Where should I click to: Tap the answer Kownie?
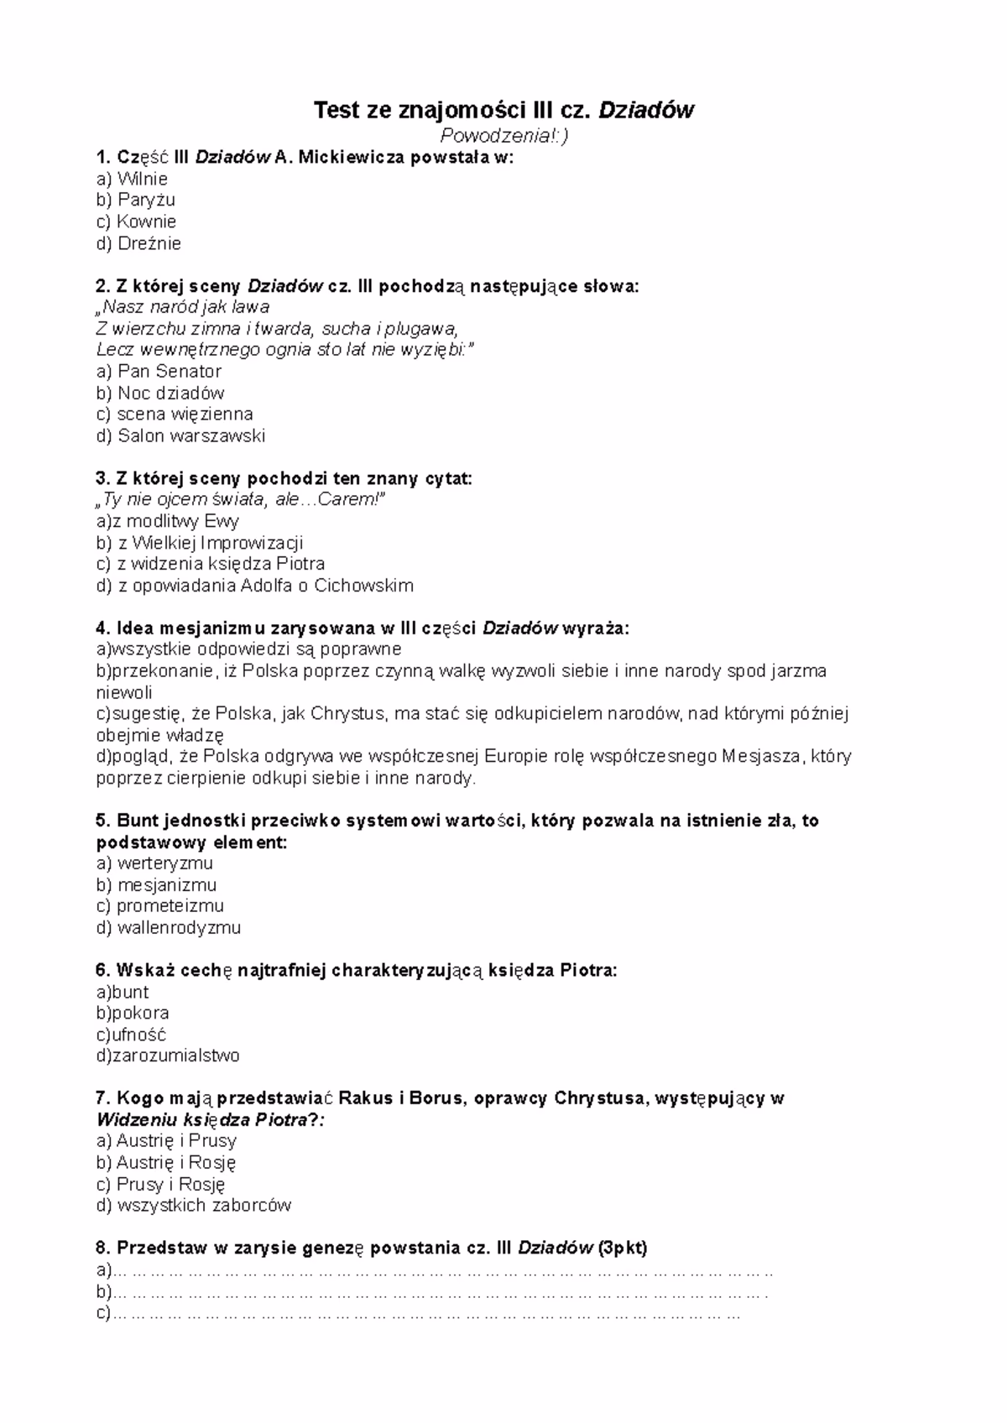click(146, 222)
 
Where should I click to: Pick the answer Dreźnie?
click(149, 243)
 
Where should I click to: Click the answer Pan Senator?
click(169, 371)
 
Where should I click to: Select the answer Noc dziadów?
click(170, 393)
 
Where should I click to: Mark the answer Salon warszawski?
click(190, 435)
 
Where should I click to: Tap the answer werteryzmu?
click(164, 863)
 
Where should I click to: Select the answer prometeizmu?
click(170, 906)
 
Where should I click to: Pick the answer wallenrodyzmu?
click(179, 928)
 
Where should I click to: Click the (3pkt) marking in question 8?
click(622, 1248)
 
